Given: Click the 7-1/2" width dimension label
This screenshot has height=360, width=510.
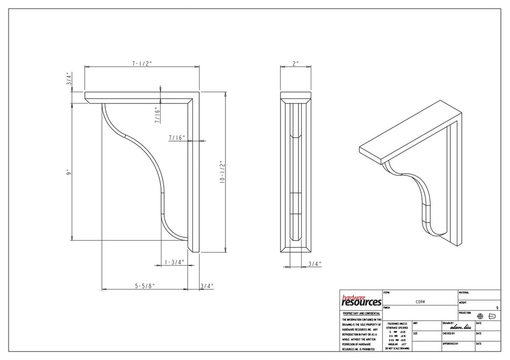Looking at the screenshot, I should point(142,63).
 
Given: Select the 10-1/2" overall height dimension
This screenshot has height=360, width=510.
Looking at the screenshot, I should point(221,172).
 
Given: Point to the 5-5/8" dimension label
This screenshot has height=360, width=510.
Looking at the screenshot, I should point(144,286).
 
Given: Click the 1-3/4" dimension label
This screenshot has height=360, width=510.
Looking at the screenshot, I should point(174,262).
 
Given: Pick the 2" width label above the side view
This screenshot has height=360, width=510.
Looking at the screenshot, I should point(295,63).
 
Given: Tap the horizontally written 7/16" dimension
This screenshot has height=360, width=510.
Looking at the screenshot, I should point(177,138).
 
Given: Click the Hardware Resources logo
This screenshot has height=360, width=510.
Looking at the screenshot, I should point(361,300).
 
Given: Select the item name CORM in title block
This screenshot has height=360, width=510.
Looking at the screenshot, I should point(420,302).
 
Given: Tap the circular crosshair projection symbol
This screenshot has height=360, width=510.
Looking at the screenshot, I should point(480,317).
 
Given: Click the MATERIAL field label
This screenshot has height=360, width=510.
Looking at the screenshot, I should point(464,292).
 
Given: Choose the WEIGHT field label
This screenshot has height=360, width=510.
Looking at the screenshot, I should point(463,303).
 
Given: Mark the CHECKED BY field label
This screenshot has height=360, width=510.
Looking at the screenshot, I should point(450,333).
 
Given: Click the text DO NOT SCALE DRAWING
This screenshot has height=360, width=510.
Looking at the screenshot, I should point(397,348).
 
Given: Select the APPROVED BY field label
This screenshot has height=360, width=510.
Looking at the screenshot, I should point(450,343).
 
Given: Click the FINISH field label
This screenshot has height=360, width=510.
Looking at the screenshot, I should point(387,308).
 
